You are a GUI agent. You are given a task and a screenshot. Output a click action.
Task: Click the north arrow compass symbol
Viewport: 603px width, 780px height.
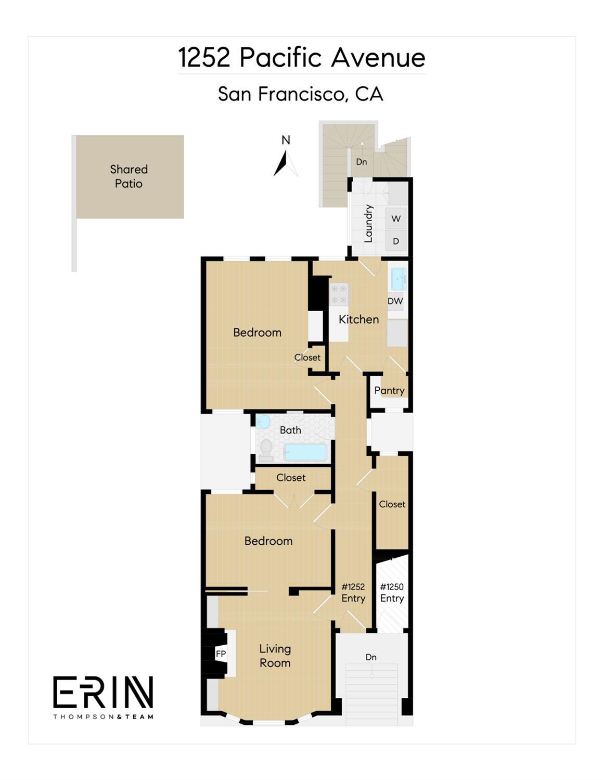click(x=285, y=162)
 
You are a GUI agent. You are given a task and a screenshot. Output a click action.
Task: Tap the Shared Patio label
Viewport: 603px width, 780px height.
click(x=129, y=176)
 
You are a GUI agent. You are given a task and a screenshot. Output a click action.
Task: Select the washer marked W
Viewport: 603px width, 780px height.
click(x=396, y=219)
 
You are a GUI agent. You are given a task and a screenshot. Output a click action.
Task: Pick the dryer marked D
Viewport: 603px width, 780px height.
click(x=396, y=241)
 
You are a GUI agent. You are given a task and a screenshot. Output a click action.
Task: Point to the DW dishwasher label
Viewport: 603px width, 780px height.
click(x=395, y=301)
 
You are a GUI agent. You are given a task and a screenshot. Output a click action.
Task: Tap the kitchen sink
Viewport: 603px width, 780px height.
click(x=398, y=279)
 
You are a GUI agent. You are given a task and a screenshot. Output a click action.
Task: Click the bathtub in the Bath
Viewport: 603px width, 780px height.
click(x=306, y=452)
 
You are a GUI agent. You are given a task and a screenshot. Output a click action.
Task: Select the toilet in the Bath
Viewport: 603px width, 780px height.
click(x=266, y=450)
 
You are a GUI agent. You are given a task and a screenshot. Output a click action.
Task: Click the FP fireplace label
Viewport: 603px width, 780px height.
click(x=221, y=654)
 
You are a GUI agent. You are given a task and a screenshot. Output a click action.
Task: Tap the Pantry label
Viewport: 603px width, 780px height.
click(x=389, y=390)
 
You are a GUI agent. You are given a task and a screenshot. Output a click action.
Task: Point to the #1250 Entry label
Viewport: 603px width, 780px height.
click(x=392, y=593)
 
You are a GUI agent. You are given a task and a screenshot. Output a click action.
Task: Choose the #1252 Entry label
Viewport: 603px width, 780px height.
click(x=353, y=593)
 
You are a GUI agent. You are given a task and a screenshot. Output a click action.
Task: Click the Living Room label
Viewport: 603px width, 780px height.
click(x=275, y=656)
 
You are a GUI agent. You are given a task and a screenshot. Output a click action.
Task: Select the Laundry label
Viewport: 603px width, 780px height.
click(x=368, y=223)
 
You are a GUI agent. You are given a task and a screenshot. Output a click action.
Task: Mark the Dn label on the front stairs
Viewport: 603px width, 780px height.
click(x=371, y=657)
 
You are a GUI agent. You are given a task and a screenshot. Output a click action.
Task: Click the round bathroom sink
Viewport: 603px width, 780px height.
click(x=263, y=421)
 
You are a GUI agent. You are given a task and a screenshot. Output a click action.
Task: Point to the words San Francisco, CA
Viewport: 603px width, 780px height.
click(x=301, y=94)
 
